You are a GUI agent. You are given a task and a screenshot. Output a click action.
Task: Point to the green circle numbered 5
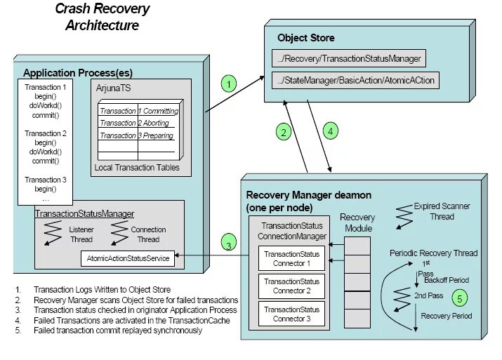(x=459, y=298)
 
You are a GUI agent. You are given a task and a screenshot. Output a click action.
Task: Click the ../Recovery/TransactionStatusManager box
(x=349, y=59)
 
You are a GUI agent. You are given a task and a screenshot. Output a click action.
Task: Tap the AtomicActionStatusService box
(x=128, y=258)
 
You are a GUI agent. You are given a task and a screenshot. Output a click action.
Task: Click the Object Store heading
(x=306, y=38)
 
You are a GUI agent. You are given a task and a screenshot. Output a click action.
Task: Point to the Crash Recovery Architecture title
(x=102, y=18)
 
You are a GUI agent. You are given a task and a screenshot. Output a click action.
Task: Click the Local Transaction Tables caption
(x=137, y=168)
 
